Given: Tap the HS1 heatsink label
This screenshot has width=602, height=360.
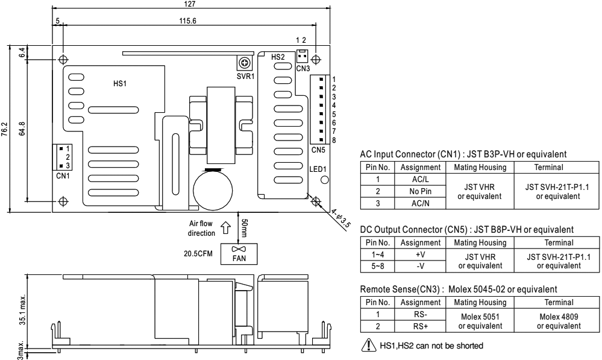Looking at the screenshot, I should click(121, 83).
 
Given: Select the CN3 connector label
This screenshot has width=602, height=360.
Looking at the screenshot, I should click(303, 69).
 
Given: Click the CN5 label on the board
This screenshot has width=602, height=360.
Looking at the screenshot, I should click(318, 148).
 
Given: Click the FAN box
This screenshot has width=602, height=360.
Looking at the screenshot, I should click(239, 253).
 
